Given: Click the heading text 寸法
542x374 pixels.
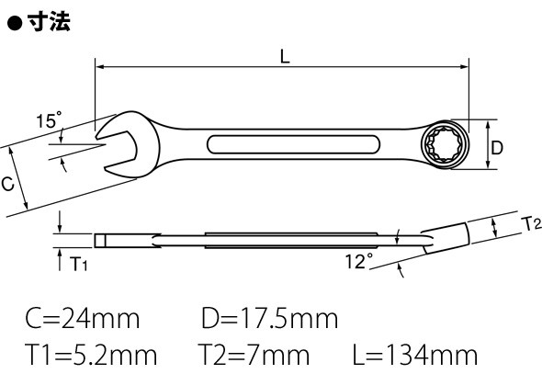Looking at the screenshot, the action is coord(49,21).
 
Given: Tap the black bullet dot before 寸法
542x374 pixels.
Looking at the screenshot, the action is coord(15,24).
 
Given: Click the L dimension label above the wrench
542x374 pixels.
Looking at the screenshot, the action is coord(285,56).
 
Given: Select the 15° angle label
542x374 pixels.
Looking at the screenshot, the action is coord(49,120).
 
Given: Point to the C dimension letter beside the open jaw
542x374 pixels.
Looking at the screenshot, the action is coord(7,184).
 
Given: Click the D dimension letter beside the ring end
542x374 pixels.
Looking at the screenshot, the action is coord(497,148).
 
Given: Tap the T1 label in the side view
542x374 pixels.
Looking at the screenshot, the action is coord(79,264).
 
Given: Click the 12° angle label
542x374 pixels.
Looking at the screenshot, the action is coord(359,261).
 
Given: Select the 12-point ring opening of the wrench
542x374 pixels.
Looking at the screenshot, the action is coord(445,144).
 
